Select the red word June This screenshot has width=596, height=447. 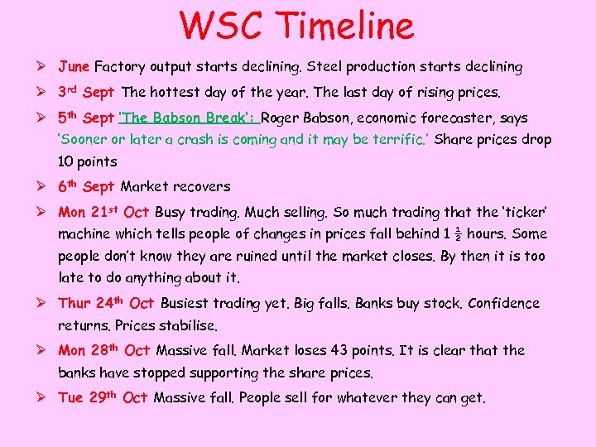74,66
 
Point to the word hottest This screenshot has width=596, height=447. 180,92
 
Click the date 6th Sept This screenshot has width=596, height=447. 87,187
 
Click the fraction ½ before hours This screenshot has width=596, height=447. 458,234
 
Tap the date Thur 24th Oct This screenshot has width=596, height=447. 107,303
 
